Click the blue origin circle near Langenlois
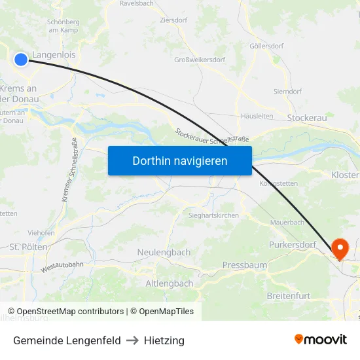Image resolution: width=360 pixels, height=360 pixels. [x=21, y=60]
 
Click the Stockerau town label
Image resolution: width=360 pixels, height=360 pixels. [x=307, y=118]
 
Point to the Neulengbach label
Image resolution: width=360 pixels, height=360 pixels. [x=164, y=252]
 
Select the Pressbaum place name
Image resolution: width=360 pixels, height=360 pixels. [x=245, y=265]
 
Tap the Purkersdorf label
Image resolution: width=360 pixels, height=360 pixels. [x=293, y=245]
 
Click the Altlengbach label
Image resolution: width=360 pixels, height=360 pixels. [x=169, y=283]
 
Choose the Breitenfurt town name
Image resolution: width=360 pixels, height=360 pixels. [x=289, y=296]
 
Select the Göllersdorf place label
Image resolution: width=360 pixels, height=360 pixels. [x=266, y=46]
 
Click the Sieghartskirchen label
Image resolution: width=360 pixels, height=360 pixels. [x=213, y=215]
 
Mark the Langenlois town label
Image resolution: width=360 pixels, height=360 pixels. [x=54, y=56]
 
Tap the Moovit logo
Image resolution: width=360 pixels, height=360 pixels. [x=321, y=339]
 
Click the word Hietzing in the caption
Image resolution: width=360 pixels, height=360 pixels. [x=164, y=340]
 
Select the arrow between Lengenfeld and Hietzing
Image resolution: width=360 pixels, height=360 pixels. [x=132, y=340]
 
